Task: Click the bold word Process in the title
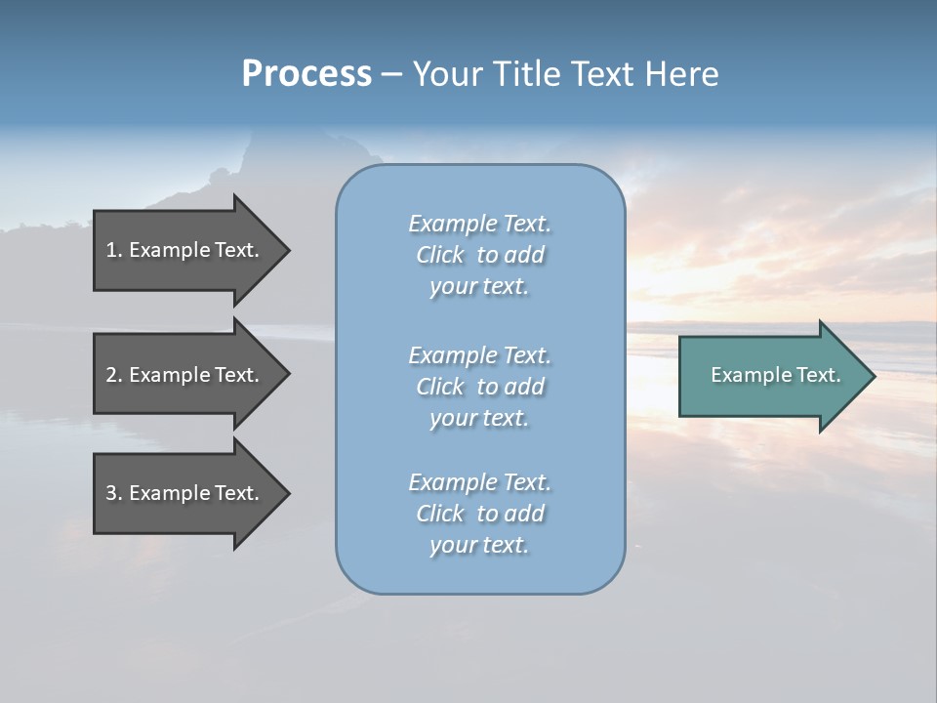tap(306, 74)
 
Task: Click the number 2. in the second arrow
tap(114, 375)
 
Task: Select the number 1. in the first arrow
tap(114, 250)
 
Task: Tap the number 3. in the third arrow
tap(114, 493)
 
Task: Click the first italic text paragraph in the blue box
tap(479, 255)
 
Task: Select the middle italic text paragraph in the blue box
tap(479, 387)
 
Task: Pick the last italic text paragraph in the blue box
tap(479, 514)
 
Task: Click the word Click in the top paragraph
tap(440, 255)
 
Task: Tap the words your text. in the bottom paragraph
tap(479, 545)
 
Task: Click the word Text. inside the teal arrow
tap(815, 375)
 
